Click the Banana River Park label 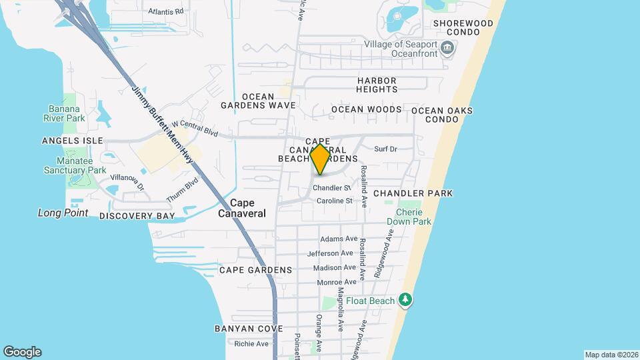[66, 113]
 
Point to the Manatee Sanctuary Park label [74, 165]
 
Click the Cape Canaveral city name [242, 208]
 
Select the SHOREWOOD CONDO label [463, 27]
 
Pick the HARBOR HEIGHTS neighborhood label [377, 85]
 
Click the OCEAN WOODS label [366, 109]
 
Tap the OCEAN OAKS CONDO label [442, 115]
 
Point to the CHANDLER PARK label [413, 193]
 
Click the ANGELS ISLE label [72, 141]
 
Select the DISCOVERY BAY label [137, 216]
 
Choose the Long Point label [63, 213]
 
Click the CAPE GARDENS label [255, 270]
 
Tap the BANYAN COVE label [249, 329]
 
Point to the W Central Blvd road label [195, 128]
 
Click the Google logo [22, 351]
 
